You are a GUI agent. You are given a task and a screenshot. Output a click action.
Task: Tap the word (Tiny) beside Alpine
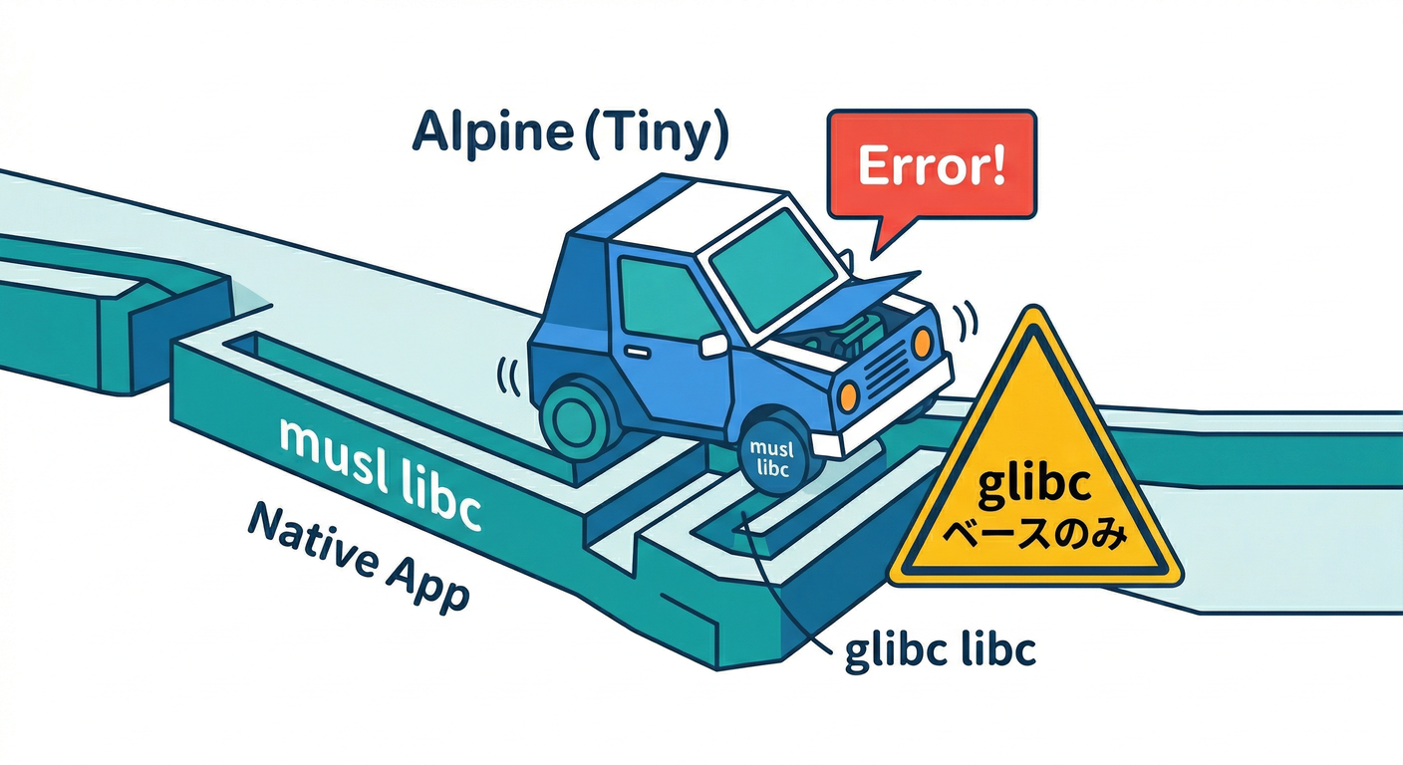click(658, 136)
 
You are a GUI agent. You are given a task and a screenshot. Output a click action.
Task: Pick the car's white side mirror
click(713, 345)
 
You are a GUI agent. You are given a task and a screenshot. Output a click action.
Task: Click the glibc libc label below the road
click(941, 649)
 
